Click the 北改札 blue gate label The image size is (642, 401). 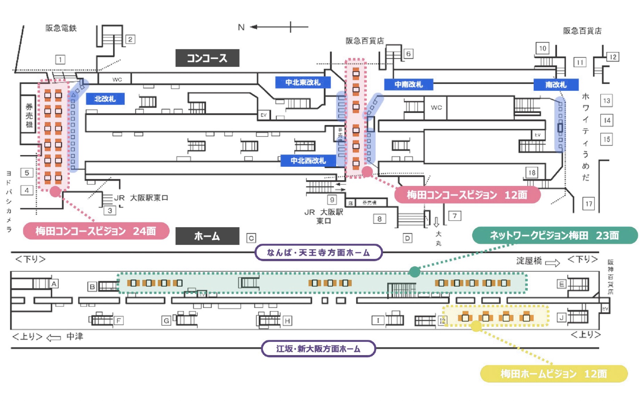click(x=105, y=99)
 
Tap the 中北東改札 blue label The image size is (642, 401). click(x=303, y=82)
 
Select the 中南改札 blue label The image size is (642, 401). click(x=408, y=84)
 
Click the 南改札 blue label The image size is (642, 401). click(x=555, y=84)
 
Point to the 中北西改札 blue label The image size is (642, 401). click(x=308, y=161)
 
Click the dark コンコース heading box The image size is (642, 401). click(x=207, y=58)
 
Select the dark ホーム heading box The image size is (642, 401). click(x=207, y=236)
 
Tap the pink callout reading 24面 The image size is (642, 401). click(x=96, y=231)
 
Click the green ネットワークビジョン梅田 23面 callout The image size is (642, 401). click(x=554, y=236)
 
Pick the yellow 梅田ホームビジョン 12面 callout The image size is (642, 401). click(x=553, y=374)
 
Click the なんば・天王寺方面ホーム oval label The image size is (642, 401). click(x=318, y=253)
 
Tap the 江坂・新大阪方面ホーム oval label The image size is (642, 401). click(x=318, y=349)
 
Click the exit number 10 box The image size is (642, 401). click(x=542, y=48)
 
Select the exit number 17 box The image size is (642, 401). click(x=588, y=204)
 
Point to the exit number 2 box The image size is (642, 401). click(x=130, y=39)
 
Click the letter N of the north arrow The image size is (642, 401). click(x=241, y=27)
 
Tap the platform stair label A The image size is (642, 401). click(x=54, y=284)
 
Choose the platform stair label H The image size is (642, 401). click(x=287, y=321)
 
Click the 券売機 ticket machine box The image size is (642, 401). click(x=29, y=115)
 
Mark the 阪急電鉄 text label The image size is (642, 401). click(x=61, y=28)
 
